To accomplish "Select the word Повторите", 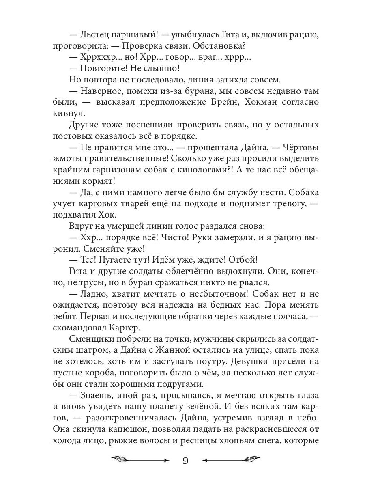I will coord(103,68).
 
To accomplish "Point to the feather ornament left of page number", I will coord(120,460).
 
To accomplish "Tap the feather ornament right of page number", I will coord(251,460).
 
